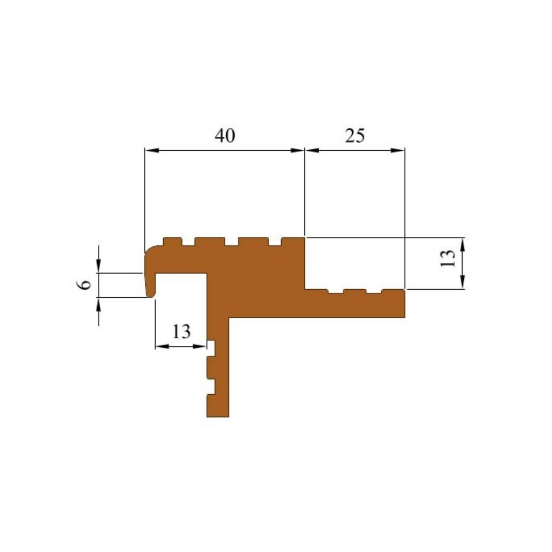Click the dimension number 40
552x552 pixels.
pos(225,136)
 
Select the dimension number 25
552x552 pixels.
pos(355,136)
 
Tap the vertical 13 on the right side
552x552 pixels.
pos(448,258)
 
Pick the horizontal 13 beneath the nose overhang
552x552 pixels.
pos(181,331)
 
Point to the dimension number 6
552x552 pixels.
pos(84,284)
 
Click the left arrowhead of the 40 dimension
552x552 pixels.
pos(152,150)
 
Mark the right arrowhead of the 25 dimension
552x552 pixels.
pos(398,150)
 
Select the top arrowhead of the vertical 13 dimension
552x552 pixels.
pos(463,244)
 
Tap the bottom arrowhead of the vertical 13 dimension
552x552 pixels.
pos(463,282)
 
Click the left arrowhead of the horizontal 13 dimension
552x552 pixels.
pos(162,346)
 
